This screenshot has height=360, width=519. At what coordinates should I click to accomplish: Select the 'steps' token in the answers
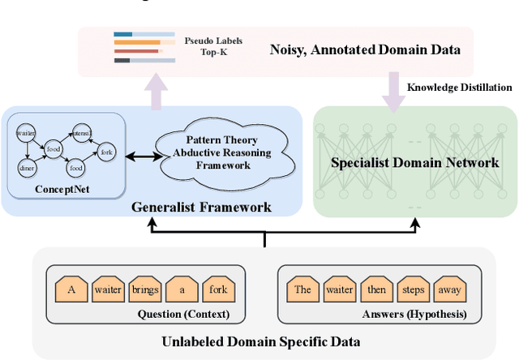point(413,289)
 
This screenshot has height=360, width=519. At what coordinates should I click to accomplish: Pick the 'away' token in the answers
point(448,289)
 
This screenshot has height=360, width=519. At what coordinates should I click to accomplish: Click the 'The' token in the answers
point(303,289)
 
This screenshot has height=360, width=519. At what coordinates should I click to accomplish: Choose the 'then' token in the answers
point(376,289)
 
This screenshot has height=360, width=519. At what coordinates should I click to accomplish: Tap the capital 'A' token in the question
point(71,289)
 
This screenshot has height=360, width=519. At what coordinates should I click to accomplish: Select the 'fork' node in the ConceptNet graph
point(105,150)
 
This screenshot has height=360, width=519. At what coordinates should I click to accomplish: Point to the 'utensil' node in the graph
point(82,131)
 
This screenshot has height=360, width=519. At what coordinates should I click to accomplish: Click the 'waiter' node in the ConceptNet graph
point(27,131)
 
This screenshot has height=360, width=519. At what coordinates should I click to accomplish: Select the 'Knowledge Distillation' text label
point(459,88)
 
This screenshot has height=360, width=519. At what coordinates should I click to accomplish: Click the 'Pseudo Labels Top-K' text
point(213,46)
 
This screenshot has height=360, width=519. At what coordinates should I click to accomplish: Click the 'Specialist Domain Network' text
point(414,162)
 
